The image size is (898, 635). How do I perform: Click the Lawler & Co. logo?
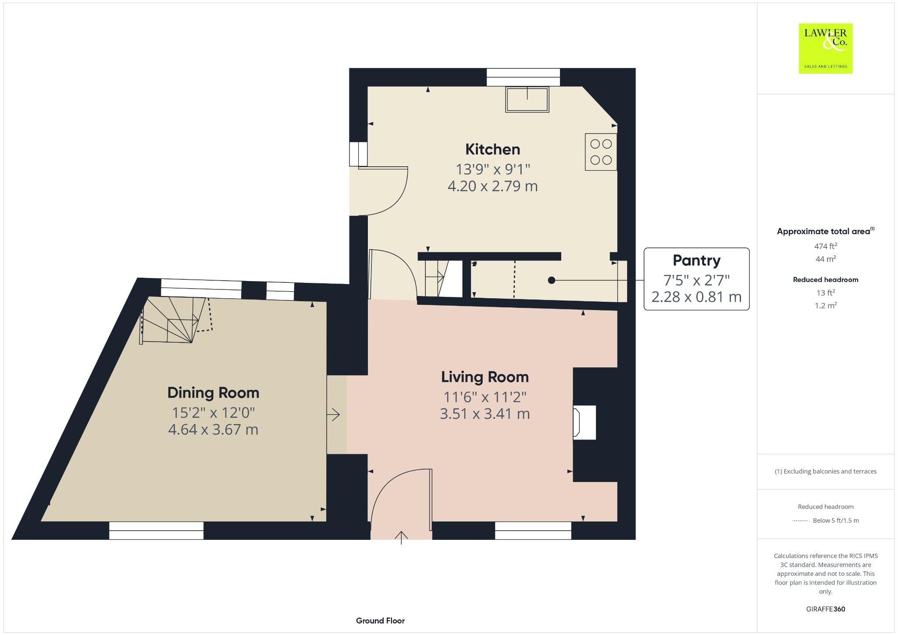tap(825, 48)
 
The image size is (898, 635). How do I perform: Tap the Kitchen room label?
tap(492, 150)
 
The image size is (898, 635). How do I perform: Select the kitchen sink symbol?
tap(527, 100)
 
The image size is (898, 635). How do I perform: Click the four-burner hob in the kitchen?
tap(601, 152)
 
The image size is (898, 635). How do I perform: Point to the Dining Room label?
tap(213, 392)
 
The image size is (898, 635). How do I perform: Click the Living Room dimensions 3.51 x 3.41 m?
tap(485, 414)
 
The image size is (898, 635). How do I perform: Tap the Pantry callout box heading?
tap(696, 260)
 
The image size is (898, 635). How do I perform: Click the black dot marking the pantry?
tap(552, 280)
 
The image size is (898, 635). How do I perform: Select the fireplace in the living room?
tap(584, 422)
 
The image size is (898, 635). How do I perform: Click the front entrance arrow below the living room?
tap(401, 537)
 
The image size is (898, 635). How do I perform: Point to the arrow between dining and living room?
tap(334, 414)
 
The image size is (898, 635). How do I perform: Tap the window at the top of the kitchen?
tap(523, 77)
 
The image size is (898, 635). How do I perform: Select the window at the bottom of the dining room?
tap(156, 530)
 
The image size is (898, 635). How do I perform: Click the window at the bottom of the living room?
tap(533, 530)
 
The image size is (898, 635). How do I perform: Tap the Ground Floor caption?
tap(380, 621)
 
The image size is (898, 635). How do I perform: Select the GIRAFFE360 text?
tap(825, 609)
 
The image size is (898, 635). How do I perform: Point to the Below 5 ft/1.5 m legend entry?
tap(835, 521)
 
